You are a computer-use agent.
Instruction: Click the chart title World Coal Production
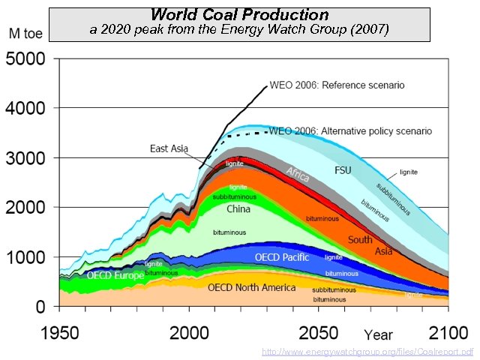pyautogui.click(x=239, y=14)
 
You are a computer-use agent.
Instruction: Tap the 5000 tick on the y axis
pyautogui.click(x=25, y=58)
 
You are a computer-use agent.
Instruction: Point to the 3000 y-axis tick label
pyautogui.click(x=25, y=157)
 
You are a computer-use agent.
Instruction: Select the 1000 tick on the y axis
pyautogui.click(x=25, y=257)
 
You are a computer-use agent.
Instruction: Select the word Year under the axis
pyautogui.click(x=379, y=334)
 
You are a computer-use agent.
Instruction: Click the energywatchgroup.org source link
pyautogui.click(x=367, y=351)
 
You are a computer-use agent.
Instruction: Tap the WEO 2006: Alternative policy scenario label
pyautogui.click(x=350, y=130)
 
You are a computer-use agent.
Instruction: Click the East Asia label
pyautogui.click(x=167, y=148)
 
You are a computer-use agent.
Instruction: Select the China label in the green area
pyautogui.click(x=238, y=209)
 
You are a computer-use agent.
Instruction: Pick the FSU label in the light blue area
pyautogui.click(x=342, y=170)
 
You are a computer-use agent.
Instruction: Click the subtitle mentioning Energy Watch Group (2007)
pyautogui.click(x=239, y=29)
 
